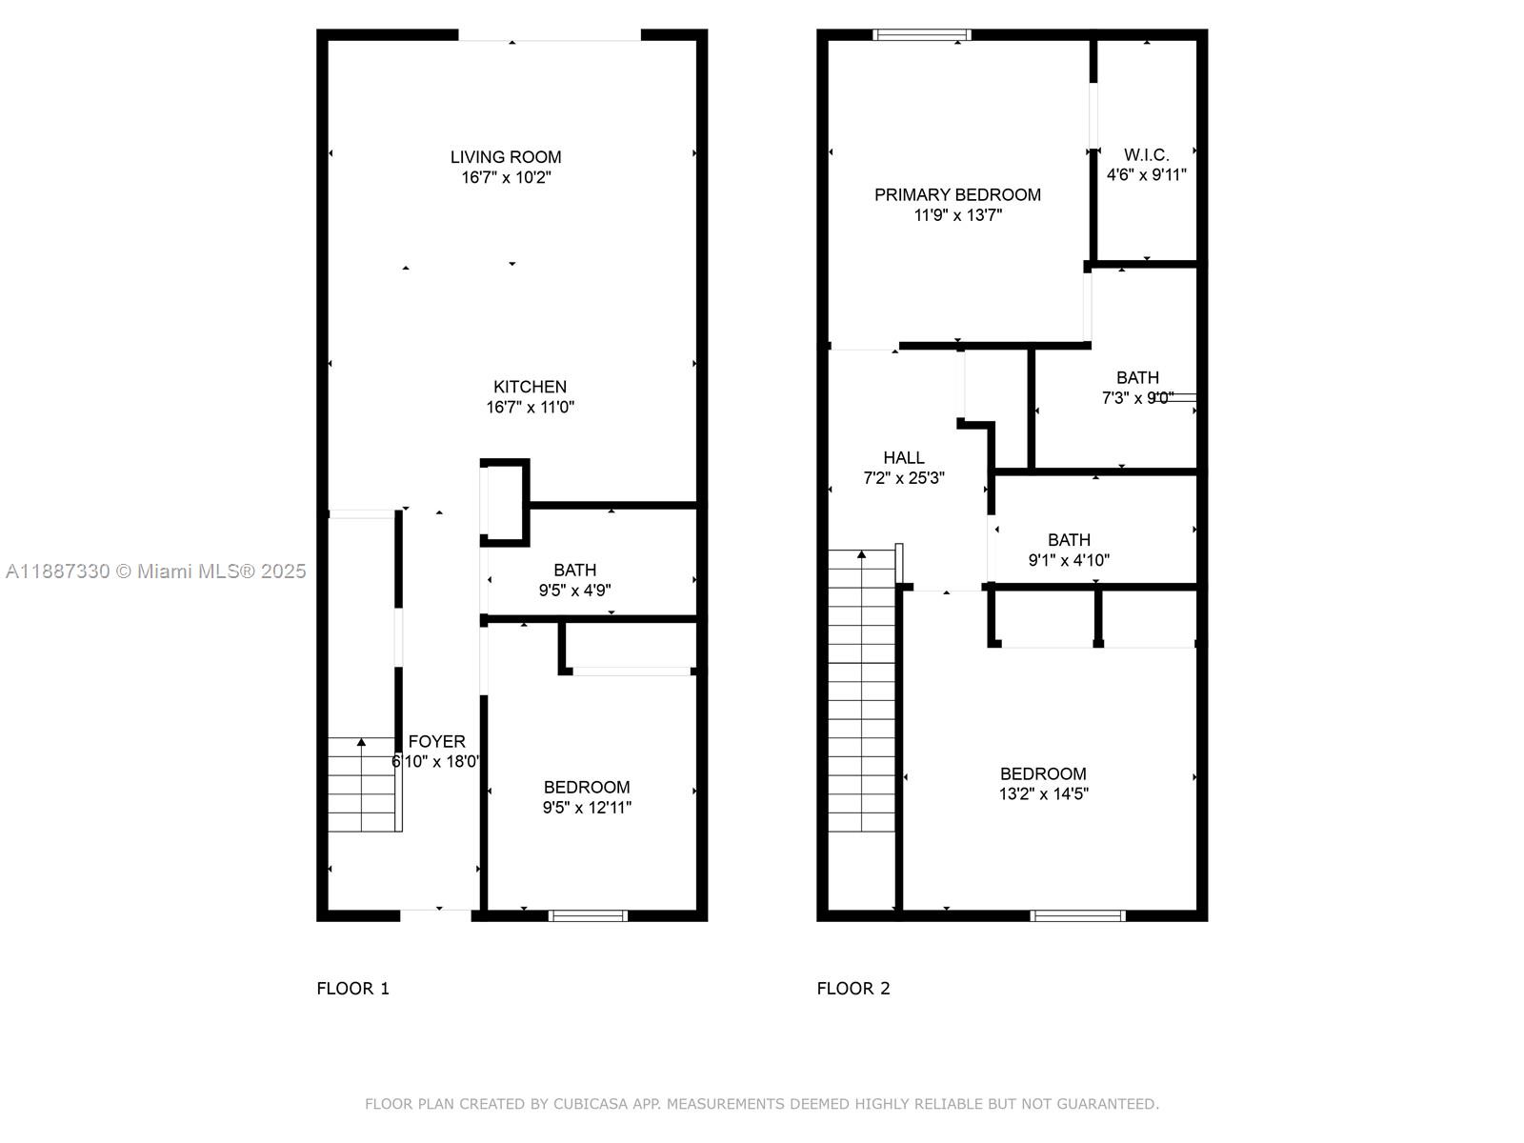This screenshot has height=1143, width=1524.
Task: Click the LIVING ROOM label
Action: (506, 157)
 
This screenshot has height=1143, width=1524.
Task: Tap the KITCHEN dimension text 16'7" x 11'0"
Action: (530, 408)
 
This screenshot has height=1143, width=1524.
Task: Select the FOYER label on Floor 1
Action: (436, 741)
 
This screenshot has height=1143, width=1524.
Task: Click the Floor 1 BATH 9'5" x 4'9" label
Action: (575, 580)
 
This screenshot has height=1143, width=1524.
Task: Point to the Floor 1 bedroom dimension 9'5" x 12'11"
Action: (587, 808)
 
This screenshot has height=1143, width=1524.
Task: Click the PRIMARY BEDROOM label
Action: (957, 195)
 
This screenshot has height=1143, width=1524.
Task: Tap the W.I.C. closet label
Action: (1146, 154)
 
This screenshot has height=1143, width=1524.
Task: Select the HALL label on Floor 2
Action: (903, 458)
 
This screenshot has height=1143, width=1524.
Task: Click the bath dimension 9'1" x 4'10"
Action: (1069, 560)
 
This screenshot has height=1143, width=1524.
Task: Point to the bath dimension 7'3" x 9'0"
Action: (1137, 398)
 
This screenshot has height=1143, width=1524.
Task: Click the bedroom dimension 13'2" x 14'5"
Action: (1044, 794)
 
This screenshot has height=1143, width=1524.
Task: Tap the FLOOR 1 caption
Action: (352, 989)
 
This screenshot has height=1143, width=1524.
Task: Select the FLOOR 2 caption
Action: (853, 989)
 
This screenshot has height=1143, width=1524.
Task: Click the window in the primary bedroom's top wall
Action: (921, 34)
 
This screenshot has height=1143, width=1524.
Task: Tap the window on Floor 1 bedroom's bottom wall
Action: (588, 916)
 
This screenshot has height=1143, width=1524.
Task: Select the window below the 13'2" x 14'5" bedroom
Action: (1077, 916)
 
